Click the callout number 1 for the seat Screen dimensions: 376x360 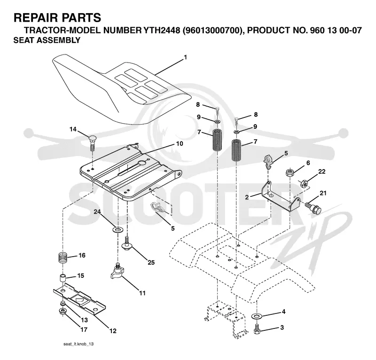click(185, 57)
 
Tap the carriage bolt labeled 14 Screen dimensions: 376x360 click(92, 143)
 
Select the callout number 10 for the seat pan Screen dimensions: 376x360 click(180, 143)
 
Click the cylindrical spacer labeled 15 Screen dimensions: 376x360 click(63, 279)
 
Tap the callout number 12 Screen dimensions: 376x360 click(113, 331)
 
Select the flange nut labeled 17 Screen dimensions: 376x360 click(63, 312)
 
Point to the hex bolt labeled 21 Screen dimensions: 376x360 click(313, 208)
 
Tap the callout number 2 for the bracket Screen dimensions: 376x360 click(247, 197)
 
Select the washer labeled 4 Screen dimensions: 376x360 click(257, 316)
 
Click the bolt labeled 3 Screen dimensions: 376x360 click(257, 329)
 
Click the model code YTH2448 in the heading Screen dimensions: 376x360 click(162, 31)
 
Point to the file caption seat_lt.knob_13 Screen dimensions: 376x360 click(78, 344)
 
